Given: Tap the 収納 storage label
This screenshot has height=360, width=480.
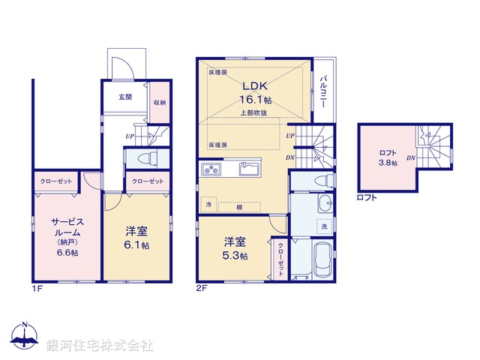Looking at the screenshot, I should tap(159, 103).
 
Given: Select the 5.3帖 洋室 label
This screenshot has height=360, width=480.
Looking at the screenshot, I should tap(235, 248).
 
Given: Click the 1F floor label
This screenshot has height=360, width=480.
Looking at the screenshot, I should tap(36, 289).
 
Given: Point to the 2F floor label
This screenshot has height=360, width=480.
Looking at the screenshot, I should tap(201, 289).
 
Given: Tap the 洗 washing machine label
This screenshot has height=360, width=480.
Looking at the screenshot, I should tap(325, 226).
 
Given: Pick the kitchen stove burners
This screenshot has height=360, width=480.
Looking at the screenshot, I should tap(211, 168).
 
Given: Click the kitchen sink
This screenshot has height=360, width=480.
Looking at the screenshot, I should tap(249, 168).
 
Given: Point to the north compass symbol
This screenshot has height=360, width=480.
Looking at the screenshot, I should tap(25, 338).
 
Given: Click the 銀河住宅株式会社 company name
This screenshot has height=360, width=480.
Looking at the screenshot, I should tap(100, 346).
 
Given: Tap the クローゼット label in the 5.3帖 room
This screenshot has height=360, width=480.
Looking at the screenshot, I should tap(280, 259).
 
